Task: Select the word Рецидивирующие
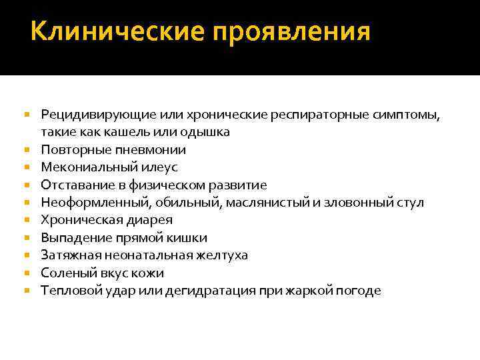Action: pyautogui.click(x=91, y=115)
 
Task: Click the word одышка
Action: pyautogui.click(x=207, y=132)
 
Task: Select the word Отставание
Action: pyautogui.click(x=71, y=185)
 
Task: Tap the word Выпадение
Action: pyautogui.click(x=70, y=238)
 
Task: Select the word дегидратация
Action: pyautogui.click(x=219, y=291)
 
